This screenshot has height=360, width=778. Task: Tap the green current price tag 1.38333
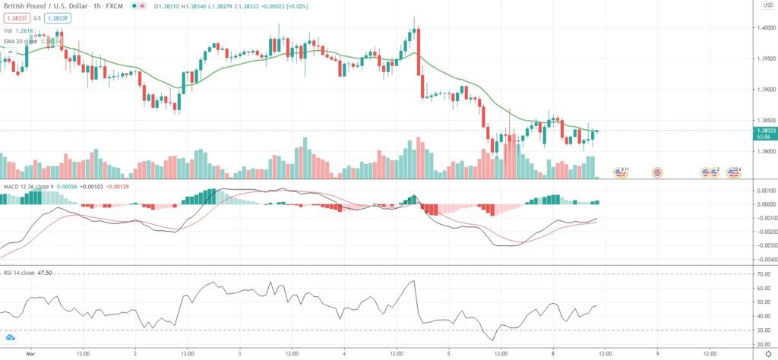click(x=765, y=131)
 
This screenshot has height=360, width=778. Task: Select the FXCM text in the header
click(x=115, y=6)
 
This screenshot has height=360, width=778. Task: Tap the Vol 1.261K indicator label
click(x=18, y=30)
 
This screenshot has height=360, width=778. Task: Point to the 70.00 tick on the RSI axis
click(x=764, y=273)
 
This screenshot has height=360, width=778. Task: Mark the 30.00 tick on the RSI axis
click(x=764, y=330)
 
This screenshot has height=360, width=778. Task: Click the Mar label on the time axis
click(x=31, y=353)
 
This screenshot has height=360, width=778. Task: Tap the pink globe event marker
click(x=657, y=173)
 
